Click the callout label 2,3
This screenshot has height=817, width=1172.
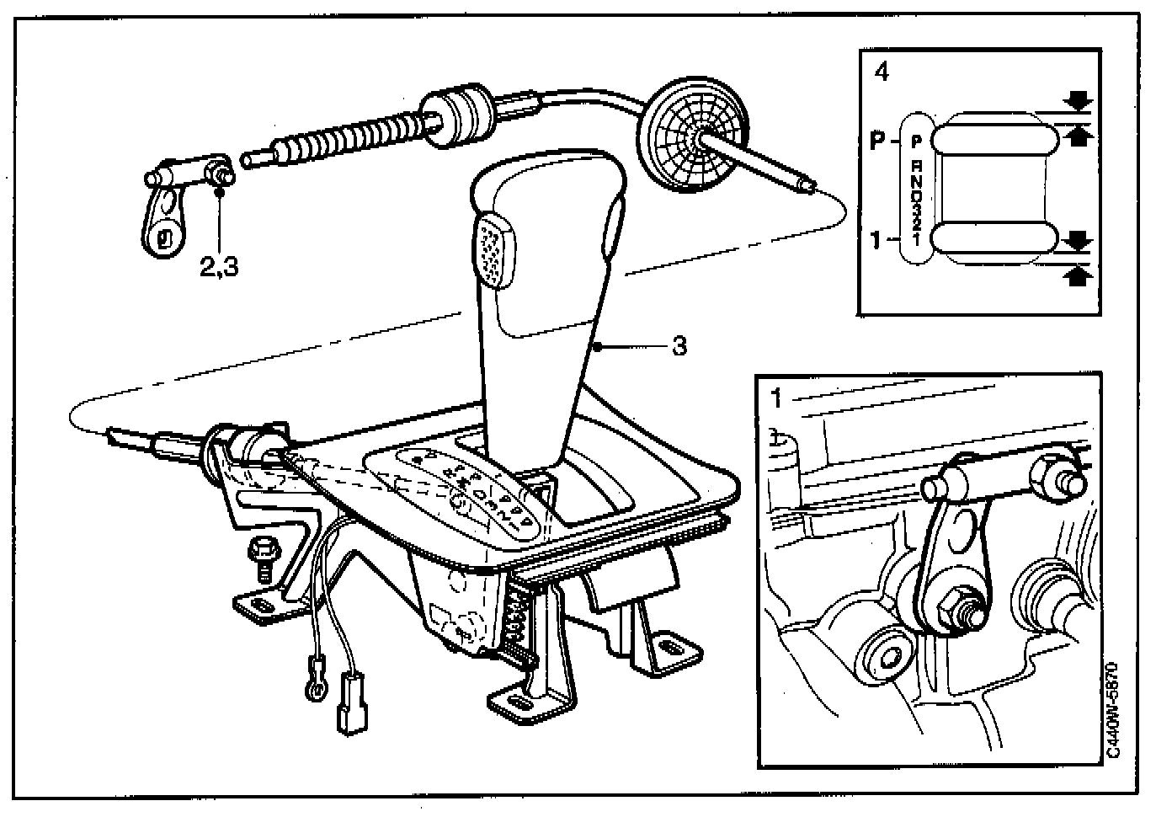pos(219,267)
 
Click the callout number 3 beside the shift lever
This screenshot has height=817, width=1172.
pos(679,345)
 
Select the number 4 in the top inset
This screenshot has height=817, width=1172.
pos(882,73)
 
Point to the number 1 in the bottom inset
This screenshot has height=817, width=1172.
pos(776,398)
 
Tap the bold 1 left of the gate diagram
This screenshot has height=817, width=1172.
pos(876,241)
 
